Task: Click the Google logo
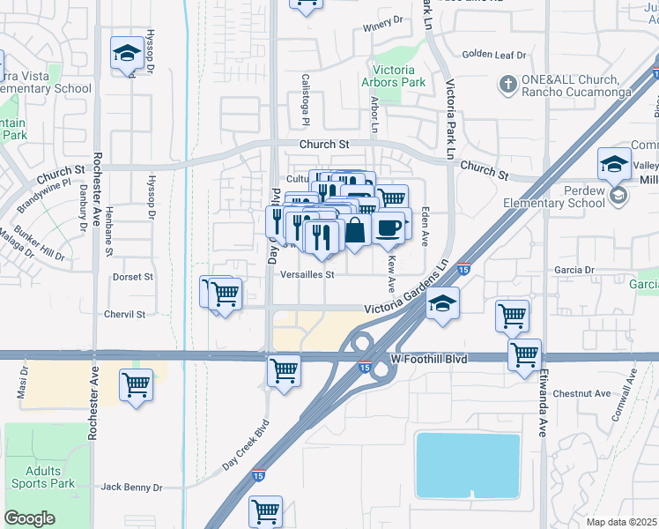(29, 518)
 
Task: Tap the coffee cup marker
(388, 227)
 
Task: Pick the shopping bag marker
(355, 231)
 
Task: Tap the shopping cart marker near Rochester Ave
(137, 384)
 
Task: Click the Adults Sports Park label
(43, 476)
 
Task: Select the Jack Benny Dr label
(131, 487)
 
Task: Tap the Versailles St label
(307, 274)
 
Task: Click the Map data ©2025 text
(622, 522)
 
